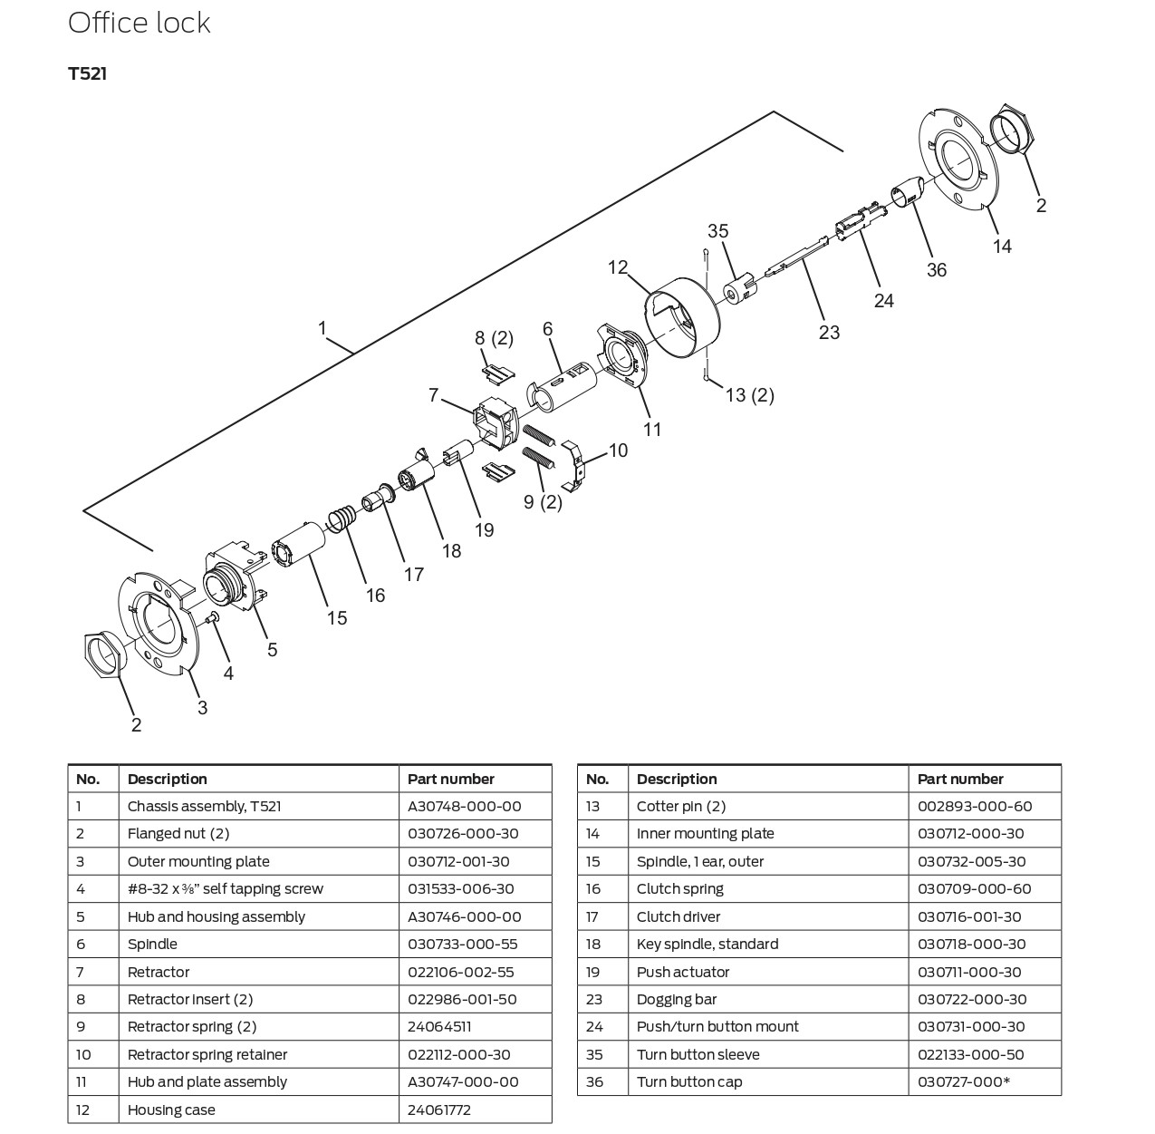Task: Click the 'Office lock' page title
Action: (x=139, y=23)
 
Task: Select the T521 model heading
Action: (x=87, y=74)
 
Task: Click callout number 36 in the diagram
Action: (x=936, y=269)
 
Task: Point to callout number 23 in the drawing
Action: (x=829, y=333)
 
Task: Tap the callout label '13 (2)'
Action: (x=749, y=395)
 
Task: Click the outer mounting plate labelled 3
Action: (x=159, y=625)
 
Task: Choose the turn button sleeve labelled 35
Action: (x=738, y=287)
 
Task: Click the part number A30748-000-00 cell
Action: (x=464, y=807)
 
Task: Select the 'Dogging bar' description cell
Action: (x=676, y=1000)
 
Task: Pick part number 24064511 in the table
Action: (x=439, y=1027)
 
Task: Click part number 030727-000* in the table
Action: (x=963, y=1082)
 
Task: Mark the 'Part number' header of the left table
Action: (x=450, y=780)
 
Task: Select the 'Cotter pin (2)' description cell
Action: (x=680, y=807)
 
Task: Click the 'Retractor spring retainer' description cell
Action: (x=207, y=1055)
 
